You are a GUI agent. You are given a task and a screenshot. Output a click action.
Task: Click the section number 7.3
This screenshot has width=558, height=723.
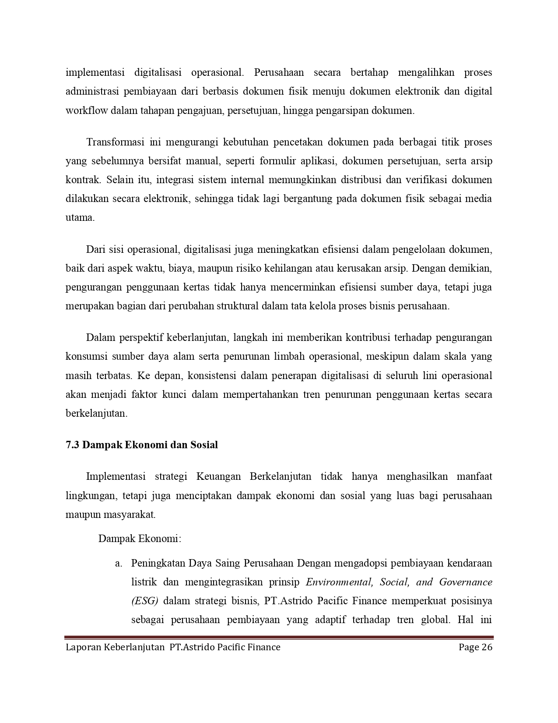pos(72,445)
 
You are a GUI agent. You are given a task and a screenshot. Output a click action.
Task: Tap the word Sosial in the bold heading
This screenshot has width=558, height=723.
pos(204,445)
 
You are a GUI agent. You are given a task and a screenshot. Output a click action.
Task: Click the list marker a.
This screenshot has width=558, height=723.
pos(118,563)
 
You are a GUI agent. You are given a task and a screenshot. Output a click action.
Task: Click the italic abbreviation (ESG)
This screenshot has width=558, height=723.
pos(144,601)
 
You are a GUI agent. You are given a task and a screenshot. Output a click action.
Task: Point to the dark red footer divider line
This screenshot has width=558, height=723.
pos(279,637)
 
